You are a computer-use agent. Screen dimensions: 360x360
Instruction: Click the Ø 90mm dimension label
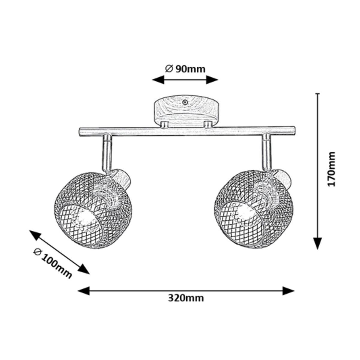tap(185, 69)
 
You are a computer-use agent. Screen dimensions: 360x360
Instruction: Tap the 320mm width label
tap(186, 298)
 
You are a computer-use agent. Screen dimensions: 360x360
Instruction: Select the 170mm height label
tap(331, 172)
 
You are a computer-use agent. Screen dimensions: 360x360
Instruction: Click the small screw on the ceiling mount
tap(185, 102)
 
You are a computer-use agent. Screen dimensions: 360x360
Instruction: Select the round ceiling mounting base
tap(186, 110)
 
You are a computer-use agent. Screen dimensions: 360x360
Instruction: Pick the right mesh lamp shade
tap(253, 209)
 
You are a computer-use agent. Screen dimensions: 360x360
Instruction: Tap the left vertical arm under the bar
tap(107, 153)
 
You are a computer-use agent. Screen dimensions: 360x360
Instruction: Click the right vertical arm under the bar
tap(267, 152)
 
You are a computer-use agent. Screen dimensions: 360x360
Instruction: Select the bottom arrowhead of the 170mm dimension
tap(317, 243)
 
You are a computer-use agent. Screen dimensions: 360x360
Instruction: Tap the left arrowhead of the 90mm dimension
tap(158, 80)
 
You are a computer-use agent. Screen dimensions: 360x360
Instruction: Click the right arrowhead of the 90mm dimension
tap(212, 80)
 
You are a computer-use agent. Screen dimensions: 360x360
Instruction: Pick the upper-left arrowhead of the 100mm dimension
tap(35, 235)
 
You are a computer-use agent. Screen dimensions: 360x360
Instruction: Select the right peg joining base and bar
tap(208, 124)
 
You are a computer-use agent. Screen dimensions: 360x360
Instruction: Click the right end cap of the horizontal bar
tap(293, 131)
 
